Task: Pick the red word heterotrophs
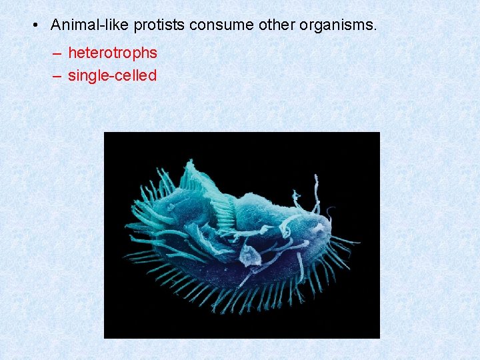112,53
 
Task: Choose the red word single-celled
112,75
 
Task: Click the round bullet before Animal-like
35,25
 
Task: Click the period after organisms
375,30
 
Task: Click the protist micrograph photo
241,235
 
